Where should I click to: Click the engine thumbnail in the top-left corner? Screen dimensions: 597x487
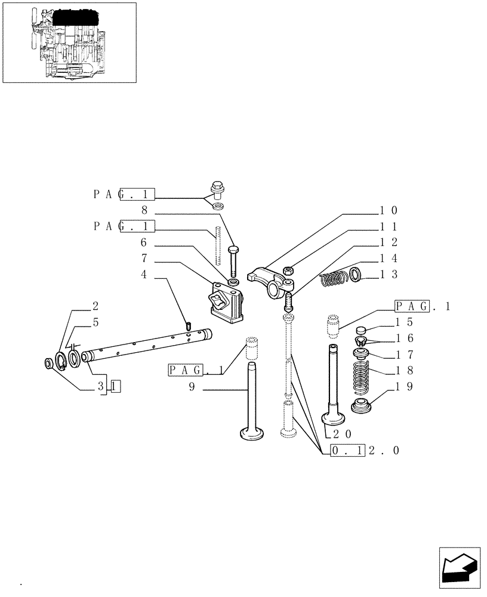pos(69,42)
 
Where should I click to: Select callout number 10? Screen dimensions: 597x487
pos(388,211)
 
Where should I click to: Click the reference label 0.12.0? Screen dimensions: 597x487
pos(364,450)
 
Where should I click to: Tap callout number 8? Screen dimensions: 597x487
pos(144,210)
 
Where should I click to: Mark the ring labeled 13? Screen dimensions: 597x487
pos(356,275)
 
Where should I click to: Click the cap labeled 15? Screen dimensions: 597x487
pos(360,330)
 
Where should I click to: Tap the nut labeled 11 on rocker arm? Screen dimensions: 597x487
pos(288,270)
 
